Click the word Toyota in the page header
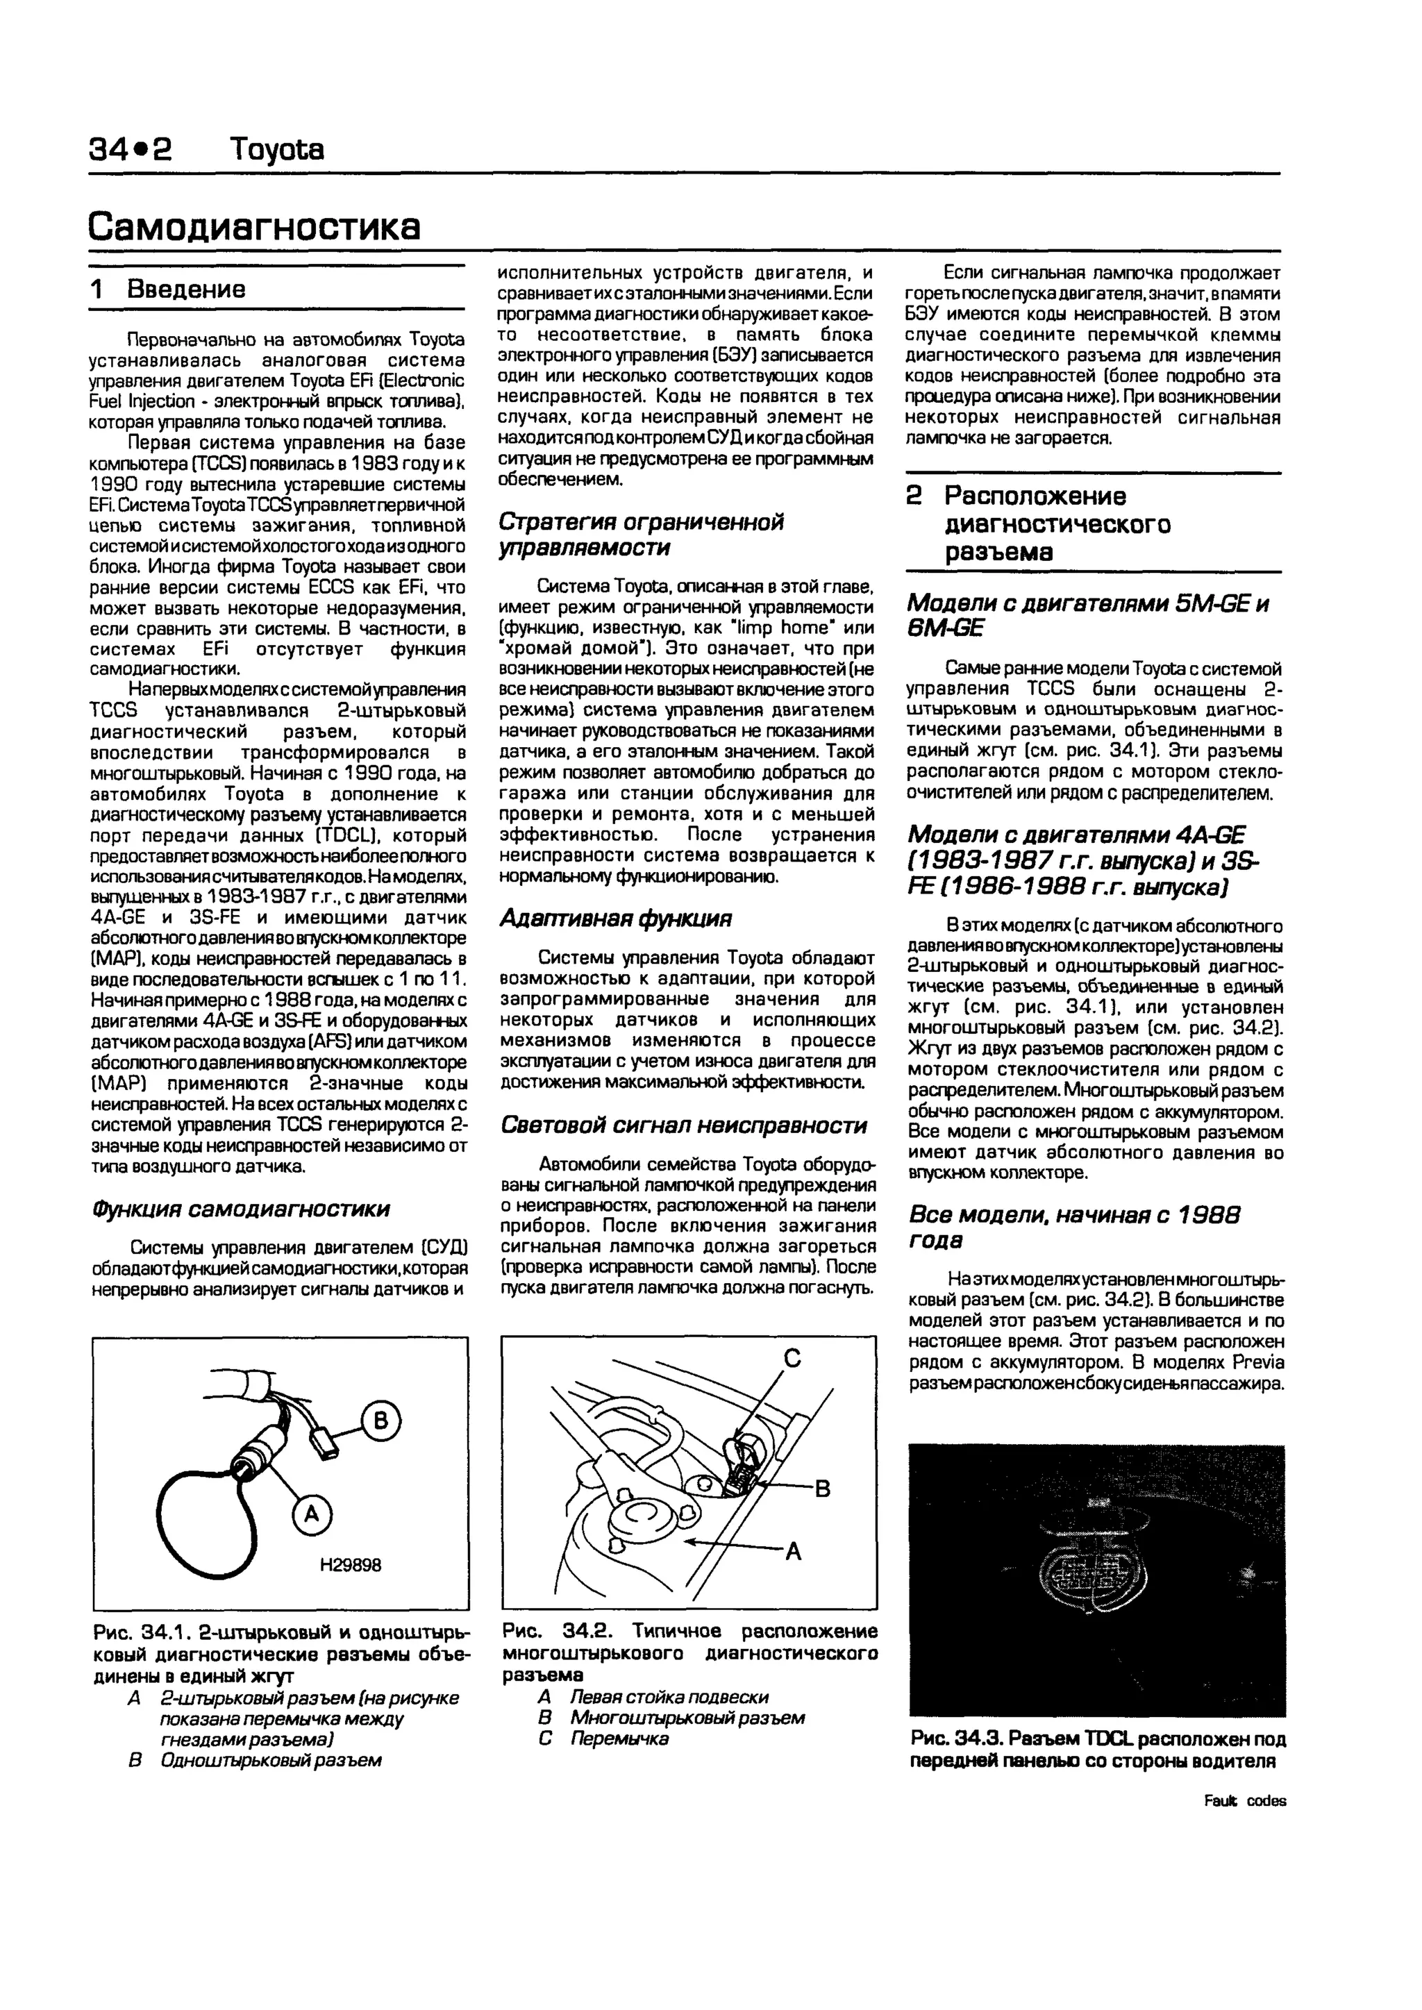coord(276,150)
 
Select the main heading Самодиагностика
coord(254,226)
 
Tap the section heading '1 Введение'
coord(168,289)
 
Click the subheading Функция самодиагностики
coord(241,1209)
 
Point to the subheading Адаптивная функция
coord(614,919)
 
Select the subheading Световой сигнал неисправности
coord(683,1125)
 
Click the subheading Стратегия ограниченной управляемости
coord(641,534)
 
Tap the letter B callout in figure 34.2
coord(821,1489)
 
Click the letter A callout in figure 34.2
coord(794,1552)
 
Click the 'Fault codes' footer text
coord(1244,1801)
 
